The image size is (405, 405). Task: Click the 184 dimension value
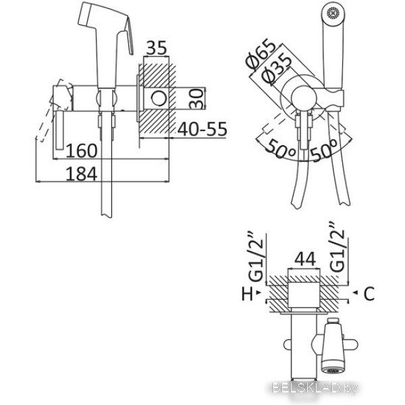(82, 174)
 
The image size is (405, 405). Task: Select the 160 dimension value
(82, 151)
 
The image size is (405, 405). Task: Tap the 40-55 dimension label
(202, 129)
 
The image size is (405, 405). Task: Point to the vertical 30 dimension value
(196, 99)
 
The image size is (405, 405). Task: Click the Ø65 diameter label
(260, 55)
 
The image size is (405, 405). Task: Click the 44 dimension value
(305, 259)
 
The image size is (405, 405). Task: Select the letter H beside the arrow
(248, 294)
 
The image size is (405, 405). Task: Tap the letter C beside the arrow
(369, 294)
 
